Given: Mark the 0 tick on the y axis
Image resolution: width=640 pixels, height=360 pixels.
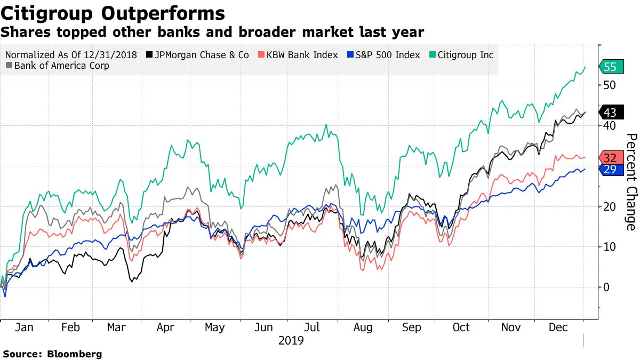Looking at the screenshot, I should pos(606,287).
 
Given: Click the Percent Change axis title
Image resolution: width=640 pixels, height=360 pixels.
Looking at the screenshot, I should pos(630,182).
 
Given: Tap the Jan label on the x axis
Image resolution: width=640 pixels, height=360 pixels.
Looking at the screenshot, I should pos(24,327).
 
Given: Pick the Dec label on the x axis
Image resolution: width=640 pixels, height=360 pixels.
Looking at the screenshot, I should pos(559,327).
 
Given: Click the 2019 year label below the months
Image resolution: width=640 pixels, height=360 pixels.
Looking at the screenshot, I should pos(291,340).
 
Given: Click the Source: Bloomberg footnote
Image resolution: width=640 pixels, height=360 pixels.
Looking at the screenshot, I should pos(52,354).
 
